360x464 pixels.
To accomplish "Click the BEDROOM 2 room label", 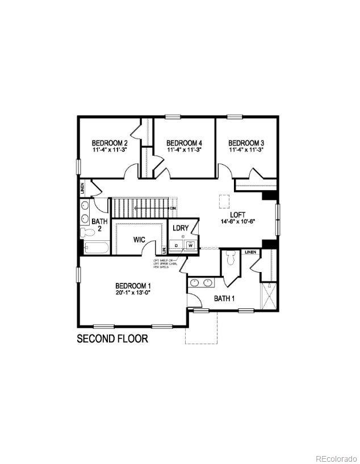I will coord(110,143).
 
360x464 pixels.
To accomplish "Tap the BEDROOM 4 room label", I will coord(184,143).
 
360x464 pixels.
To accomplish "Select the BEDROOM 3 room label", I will coord(246,143).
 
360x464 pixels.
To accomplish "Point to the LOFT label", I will coord(237,214).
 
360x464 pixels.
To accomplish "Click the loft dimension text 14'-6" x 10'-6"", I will coord(240,221).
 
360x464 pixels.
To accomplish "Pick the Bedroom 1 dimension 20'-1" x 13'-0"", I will coord(132,293).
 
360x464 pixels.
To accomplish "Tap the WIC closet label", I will coord(140,240).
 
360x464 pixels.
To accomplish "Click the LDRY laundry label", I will coord(181,228).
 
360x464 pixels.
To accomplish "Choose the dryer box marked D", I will coord(177,245).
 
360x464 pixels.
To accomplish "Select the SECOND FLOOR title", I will coord(112,339).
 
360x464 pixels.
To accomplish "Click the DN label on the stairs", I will coord(173,208).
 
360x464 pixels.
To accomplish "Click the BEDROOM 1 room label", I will coord(133,286).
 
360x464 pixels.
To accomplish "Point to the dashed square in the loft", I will coord(225,200).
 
